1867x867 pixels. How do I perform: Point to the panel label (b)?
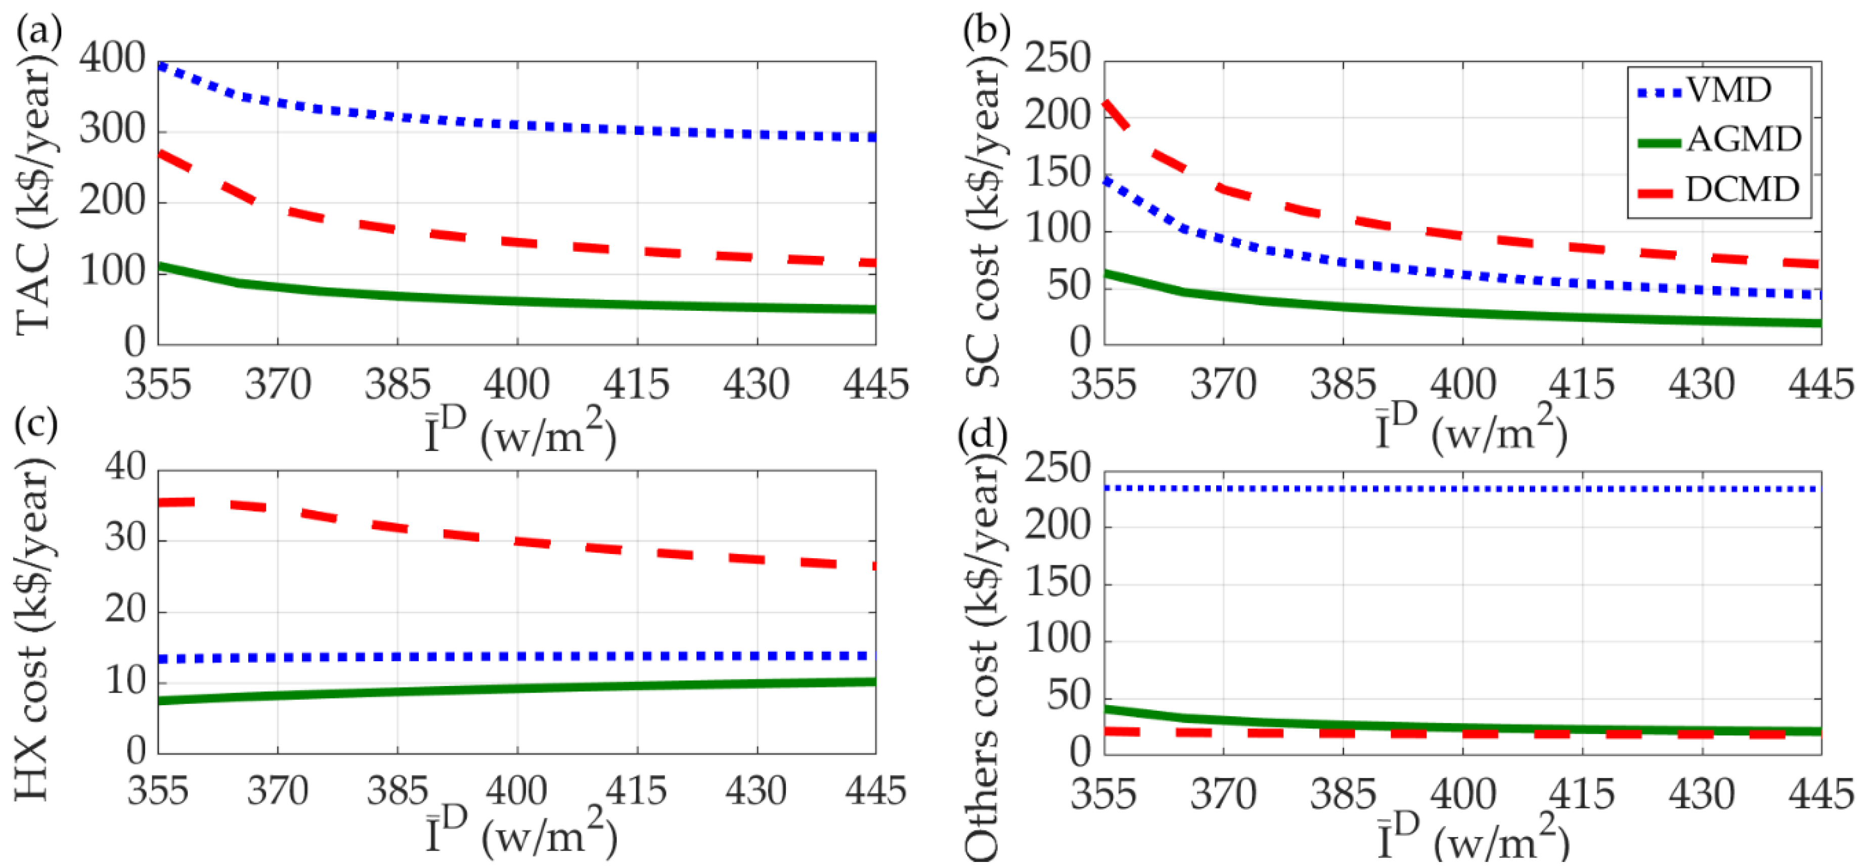(x=986, y=30)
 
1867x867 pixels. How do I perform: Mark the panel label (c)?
(x=36, y=425)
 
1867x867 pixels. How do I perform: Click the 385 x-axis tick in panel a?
(x=397, y=384)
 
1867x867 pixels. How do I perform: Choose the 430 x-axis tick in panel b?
(x=1701, y=384)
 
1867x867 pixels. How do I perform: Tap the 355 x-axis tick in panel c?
(x=158, y=791)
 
